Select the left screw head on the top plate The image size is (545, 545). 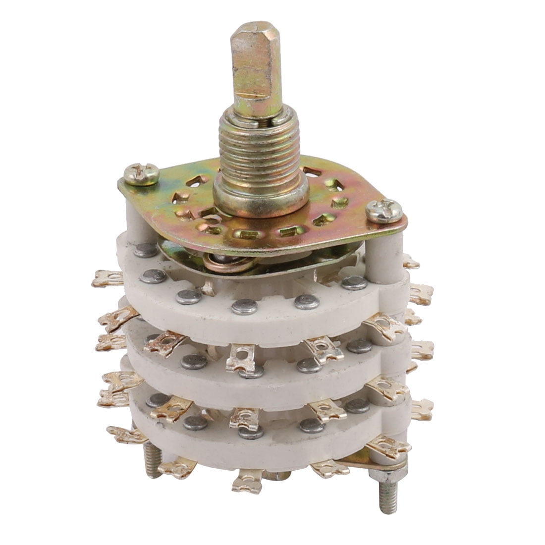click(x=141, y=174)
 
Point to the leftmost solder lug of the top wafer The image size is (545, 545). click(x=107, y=278)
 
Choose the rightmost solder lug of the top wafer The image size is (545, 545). click(x=422, y=295)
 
